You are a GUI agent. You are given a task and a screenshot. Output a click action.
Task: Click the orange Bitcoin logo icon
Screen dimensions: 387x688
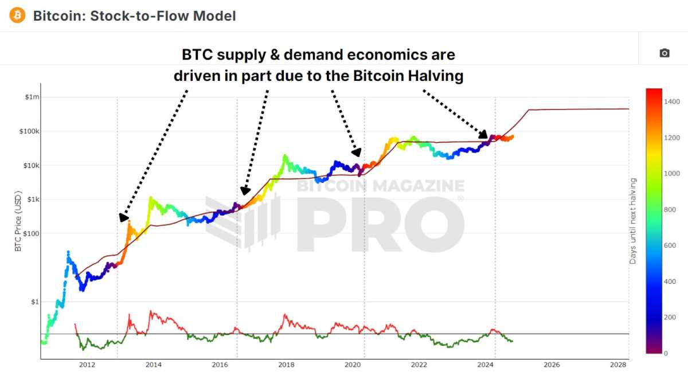tap(17, 15)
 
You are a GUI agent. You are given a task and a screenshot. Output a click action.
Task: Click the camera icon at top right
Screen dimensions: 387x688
tap(664, 53)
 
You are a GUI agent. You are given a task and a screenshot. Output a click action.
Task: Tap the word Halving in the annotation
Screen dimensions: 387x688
tap(433, 76)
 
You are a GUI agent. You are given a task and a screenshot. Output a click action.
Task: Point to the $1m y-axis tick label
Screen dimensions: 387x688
tap(32, 97)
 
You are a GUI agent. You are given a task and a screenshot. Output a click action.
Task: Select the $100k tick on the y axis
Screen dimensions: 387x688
tap(30, 131)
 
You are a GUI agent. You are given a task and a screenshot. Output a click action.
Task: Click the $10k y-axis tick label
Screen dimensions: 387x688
tap(31, 166)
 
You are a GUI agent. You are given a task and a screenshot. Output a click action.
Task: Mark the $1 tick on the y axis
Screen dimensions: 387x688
tap(35, 302)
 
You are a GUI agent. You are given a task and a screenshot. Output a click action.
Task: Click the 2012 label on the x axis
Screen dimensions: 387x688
tap(87, 365)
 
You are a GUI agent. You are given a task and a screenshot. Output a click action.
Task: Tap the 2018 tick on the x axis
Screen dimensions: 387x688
tap(286, 365)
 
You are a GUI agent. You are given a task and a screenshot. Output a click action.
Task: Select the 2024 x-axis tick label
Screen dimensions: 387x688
tap(486, 365)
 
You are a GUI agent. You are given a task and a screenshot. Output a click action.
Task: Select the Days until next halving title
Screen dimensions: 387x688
tap(633, 221)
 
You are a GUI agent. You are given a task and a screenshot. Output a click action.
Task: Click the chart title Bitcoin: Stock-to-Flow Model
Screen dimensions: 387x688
tap(134, 15)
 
